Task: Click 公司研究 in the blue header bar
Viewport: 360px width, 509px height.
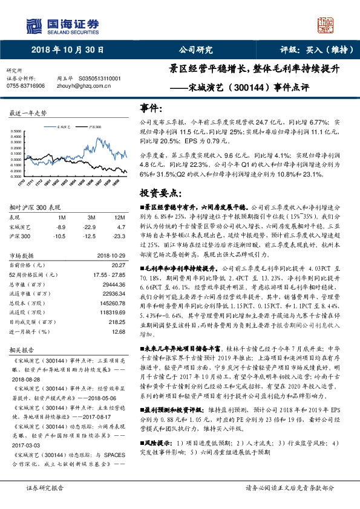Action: coord(196,50)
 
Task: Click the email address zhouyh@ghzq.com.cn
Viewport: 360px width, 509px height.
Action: coord(87,86)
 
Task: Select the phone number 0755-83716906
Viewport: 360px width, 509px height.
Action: coord(25,86)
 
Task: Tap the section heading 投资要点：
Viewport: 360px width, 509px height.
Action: coord(161,193)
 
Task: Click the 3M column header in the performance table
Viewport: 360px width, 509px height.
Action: coord(92,217)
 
